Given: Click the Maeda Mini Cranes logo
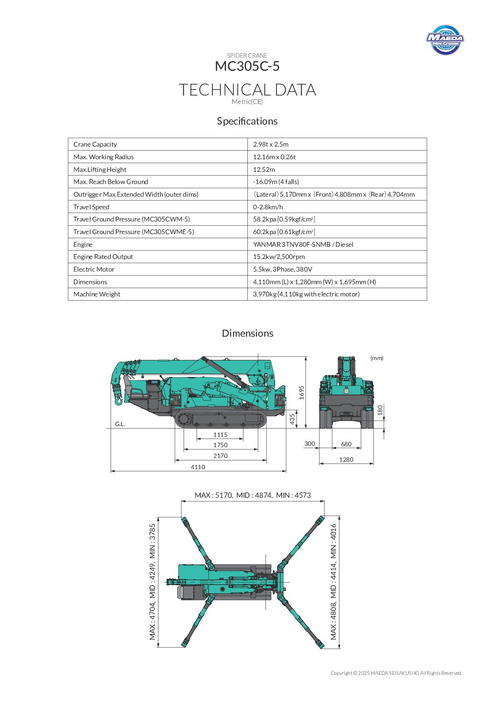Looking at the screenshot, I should (x=445, y=40).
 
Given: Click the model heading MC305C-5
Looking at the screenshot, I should (x=247, y=66).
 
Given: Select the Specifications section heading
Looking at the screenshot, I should (x=247, y=121).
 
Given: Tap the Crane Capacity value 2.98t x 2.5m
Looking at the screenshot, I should (x=271, y=144).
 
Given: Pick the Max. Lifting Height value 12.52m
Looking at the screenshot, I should (x=264, y=170).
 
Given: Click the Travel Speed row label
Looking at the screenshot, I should (x=91, y=207).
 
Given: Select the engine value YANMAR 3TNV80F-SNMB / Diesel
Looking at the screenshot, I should (x=303, y=244).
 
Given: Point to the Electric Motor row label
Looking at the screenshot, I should (x=94, y=269).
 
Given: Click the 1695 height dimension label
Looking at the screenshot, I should (x=302, y=392).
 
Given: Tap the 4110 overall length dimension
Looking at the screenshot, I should (x=198, y=467).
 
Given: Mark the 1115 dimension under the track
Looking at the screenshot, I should (x=220, y=435).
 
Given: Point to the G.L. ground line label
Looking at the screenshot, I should (x=120, y=424).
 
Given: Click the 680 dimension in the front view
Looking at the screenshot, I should (x=346, y=444).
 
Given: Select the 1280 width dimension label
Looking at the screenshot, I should (x=346, y=459).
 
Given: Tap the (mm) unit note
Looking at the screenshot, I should (x=377, y=358).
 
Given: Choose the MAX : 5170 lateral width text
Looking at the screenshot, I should (x=214, y=495).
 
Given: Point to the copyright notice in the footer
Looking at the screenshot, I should (x=396, y=673).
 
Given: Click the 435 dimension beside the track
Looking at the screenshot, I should (x=292, y=419).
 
